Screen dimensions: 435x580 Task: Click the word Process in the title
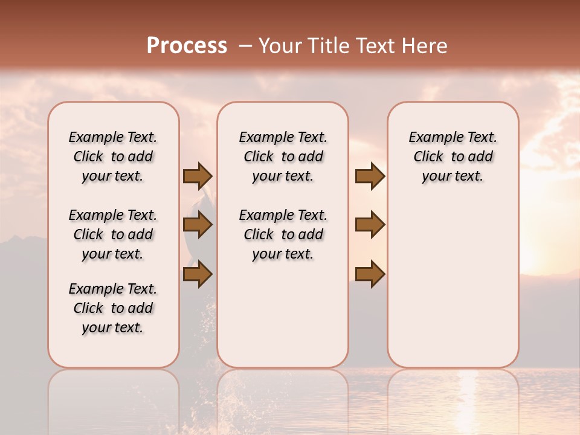[187, 46]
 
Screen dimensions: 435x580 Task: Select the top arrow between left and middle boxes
[198, 176]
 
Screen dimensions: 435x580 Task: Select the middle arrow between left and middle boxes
[198, 225]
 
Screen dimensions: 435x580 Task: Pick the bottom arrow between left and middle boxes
[198, 274]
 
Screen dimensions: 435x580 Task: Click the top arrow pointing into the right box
[370, 176]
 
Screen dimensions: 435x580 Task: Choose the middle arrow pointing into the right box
[370, 225]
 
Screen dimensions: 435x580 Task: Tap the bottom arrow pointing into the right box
[370, 274]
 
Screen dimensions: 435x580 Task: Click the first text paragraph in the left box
[113, 156]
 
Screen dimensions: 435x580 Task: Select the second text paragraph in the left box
[113, 234]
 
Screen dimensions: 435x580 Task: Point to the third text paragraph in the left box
[113, 308]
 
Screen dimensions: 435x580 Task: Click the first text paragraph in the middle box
[283, 156]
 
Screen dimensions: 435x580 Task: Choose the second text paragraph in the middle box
[283, 234]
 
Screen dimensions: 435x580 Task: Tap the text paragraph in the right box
[453, 156]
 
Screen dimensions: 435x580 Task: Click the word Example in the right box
[431, 138]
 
